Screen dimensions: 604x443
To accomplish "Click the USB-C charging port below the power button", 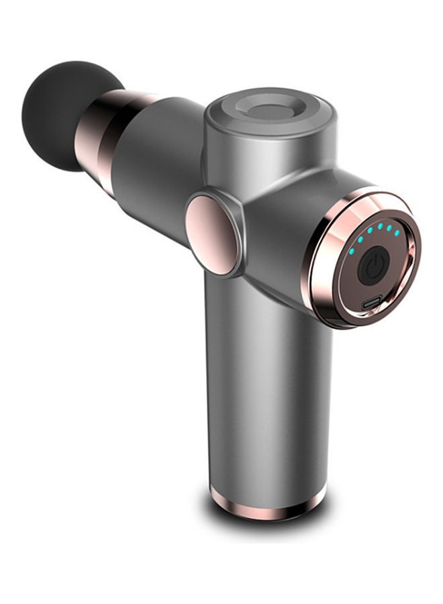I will coord(372,303).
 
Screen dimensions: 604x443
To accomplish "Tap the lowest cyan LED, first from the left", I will coord(352,252).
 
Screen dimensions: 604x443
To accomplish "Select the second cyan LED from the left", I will coord(360,240).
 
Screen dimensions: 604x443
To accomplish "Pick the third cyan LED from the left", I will coord(370,230).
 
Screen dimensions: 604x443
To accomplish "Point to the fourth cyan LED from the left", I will coord(381,226).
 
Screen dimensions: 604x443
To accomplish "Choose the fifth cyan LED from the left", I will coord(389,228).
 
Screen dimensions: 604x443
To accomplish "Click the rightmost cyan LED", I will coord(397,233).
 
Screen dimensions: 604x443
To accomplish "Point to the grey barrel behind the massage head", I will coord(158,161).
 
